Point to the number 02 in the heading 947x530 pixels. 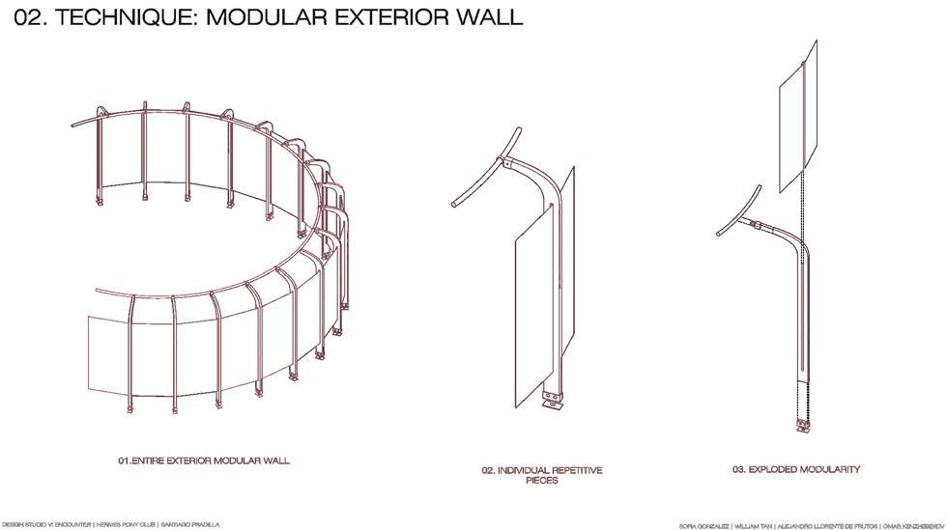(30, 16)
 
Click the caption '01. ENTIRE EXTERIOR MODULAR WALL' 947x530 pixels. (203, 460)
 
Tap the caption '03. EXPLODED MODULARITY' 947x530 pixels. (795, 469)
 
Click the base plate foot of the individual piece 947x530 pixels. (552, 404)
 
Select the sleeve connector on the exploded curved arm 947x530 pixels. (757, 225)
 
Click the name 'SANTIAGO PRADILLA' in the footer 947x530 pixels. (193, 524)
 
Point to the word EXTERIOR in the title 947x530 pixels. (392, 16)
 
